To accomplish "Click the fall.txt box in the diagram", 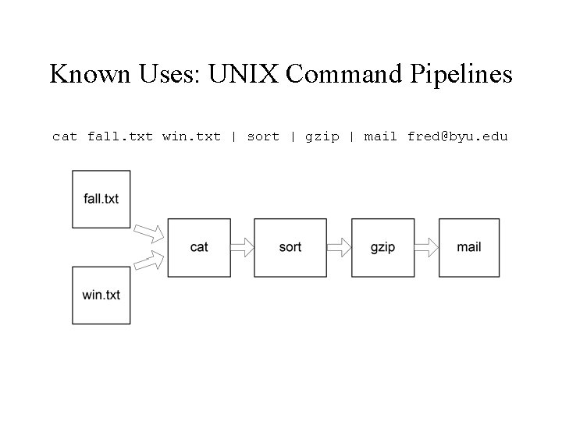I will (x=101, y=199).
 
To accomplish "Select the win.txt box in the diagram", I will (x=101, y=295).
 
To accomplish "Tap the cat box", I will (x=199, y=247).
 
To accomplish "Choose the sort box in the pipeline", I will (x=290, y=247).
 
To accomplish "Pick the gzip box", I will (x=382, y=247).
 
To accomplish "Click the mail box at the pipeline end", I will (x=468, y=247).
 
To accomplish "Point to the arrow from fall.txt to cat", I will (x=149, y=232).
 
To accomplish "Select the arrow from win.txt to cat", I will (x=149, y=261).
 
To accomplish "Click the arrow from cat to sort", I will (x=242, y=247).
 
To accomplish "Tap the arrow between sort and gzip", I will (x=337, y=247).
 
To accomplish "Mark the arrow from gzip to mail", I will (x=425, y=247).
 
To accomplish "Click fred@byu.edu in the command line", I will (x=457, y=136).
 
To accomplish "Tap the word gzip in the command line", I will (x=322, y=136).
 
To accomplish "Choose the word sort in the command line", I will (x=262, y=136).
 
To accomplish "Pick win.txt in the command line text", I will (x=191, y=136).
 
